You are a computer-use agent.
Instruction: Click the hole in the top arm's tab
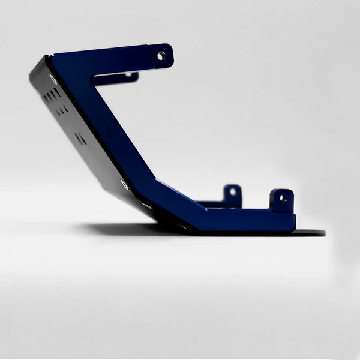[x=161, y=56]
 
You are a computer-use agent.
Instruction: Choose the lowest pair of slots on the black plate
[x=80, y=139]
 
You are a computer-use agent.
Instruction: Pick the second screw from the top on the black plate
[x=124, y=184]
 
